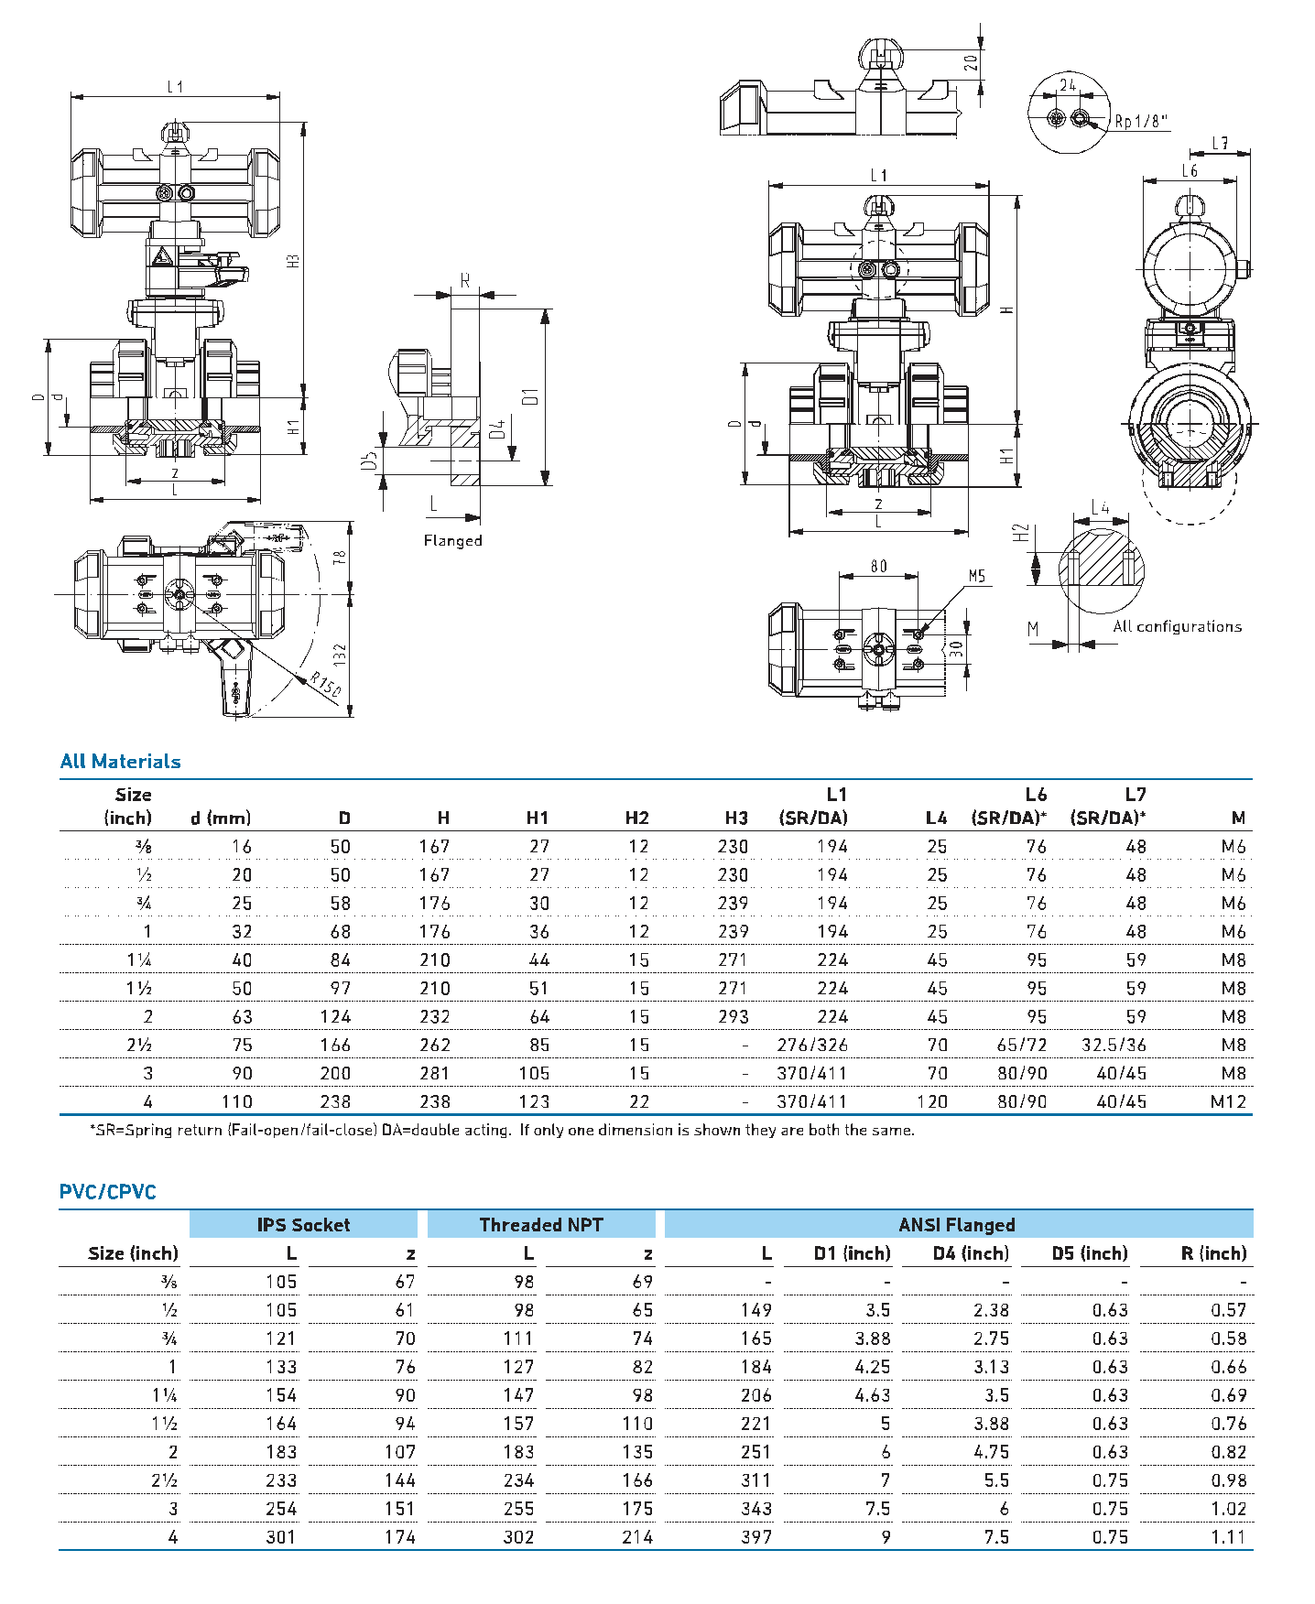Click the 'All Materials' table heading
120,762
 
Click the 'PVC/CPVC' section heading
107,1192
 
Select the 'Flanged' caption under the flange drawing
452,541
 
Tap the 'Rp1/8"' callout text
1140,121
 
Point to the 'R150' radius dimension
325,685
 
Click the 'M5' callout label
977,576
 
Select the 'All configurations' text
1177,627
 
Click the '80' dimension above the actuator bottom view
878,567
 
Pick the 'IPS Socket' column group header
303,1225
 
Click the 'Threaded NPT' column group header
540,1225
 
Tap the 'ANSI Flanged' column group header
957,1225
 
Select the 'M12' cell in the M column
1228,1101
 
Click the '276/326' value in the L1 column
811,1045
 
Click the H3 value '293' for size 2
733,1016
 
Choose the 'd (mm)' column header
221,818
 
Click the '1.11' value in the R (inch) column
1228,1537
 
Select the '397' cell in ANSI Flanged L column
755,1537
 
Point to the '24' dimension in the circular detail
1068,85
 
